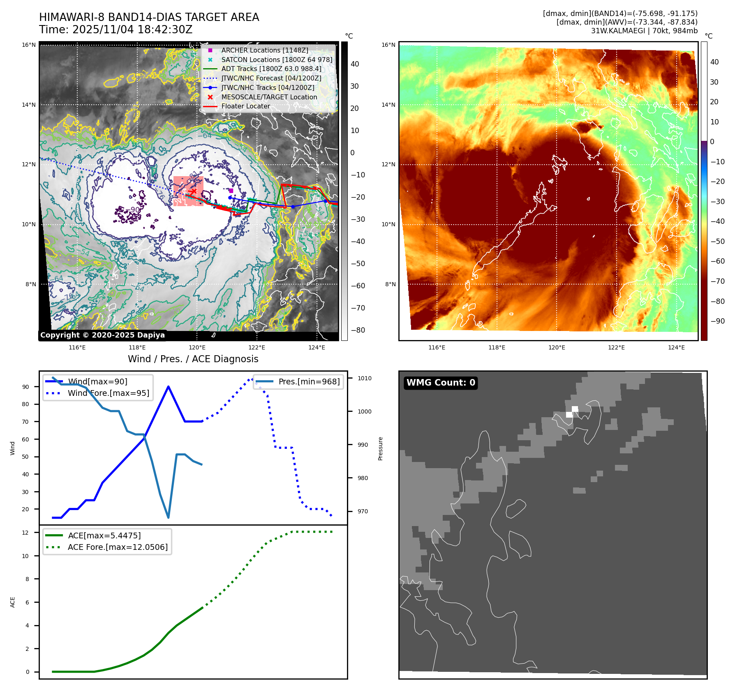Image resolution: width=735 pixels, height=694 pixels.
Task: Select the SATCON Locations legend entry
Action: click(276, 60)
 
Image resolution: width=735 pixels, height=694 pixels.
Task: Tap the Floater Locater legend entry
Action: click(245, 106)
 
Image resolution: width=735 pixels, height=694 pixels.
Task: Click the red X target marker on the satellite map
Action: click(193, 191)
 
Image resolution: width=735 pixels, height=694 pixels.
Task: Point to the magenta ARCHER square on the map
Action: click(231, 191)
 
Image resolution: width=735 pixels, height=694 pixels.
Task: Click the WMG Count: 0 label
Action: click(441, 383)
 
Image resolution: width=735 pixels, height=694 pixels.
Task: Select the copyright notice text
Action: click(102, 335)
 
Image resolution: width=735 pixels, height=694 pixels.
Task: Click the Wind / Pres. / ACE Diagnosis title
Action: click(193, 359)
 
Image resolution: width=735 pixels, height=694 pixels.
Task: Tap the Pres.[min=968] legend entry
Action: click(309, 381)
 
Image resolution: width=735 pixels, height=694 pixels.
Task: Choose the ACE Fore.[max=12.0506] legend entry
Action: click(118, 547)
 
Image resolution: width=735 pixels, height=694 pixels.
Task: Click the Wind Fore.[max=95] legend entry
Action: click(109, 393)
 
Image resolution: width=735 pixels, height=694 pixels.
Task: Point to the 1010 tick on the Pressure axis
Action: click(364, 378)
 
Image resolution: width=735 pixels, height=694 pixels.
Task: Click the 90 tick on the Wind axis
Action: click(26, 387)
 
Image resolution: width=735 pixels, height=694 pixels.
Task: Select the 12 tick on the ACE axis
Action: click(25, 533)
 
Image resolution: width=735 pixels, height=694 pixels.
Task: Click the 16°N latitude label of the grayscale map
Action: click(29, 45)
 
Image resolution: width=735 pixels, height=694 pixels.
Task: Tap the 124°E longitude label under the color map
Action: click(676, 347)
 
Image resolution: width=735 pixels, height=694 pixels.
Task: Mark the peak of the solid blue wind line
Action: click(169, 386)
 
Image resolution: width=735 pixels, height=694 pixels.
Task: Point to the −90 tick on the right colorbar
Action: click(718, 321)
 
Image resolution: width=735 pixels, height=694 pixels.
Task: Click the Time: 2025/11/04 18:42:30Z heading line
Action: click(116, 30)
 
